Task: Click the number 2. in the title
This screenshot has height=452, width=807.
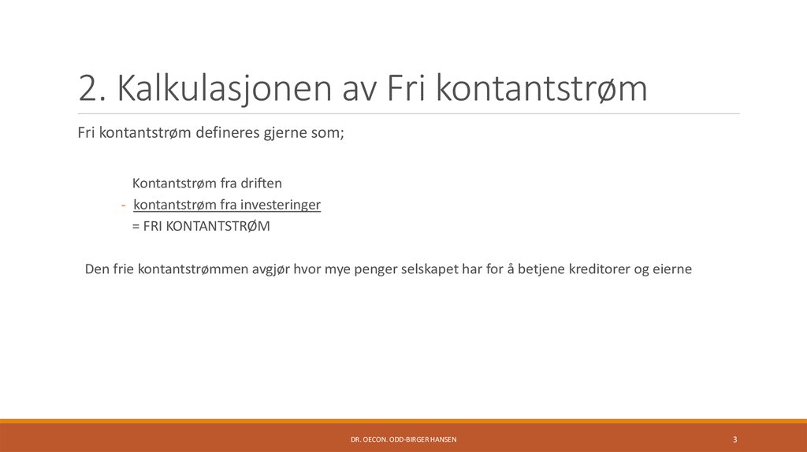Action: [x=93, y=89]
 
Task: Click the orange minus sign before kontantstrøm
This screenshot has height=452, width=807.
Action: [x=123, y=206]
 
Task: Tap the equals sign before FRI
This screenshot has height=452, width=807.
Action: [x=136, y=227]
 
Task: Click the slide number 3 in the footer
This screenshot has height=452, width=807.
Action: [x=734, y=439]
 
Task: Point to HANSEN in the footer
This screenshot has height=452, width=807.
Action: [x=442, y=439]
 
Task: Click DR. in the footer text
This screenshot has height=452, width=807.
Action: [x=355, y=439]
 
